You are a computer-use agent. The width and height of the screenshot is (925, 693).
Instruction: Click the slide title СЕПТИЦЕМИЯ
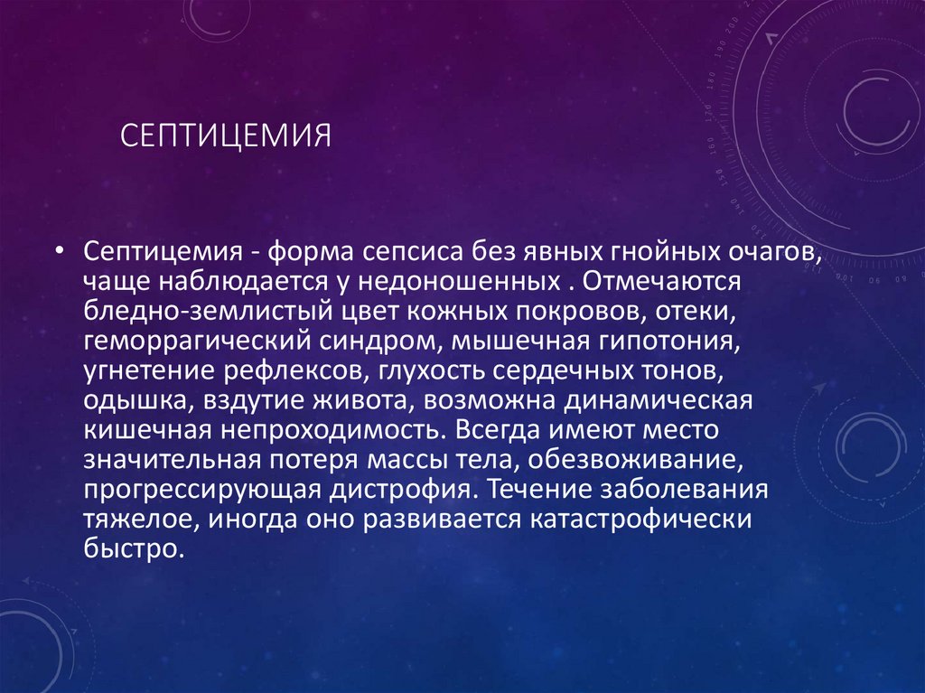click(226, 138)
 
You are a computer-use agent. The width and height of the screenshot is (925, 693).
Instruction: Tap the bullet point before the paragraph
click(59, 250)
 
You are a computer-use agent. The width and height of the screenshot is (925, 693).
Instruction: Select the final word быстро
click(134, 550)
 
